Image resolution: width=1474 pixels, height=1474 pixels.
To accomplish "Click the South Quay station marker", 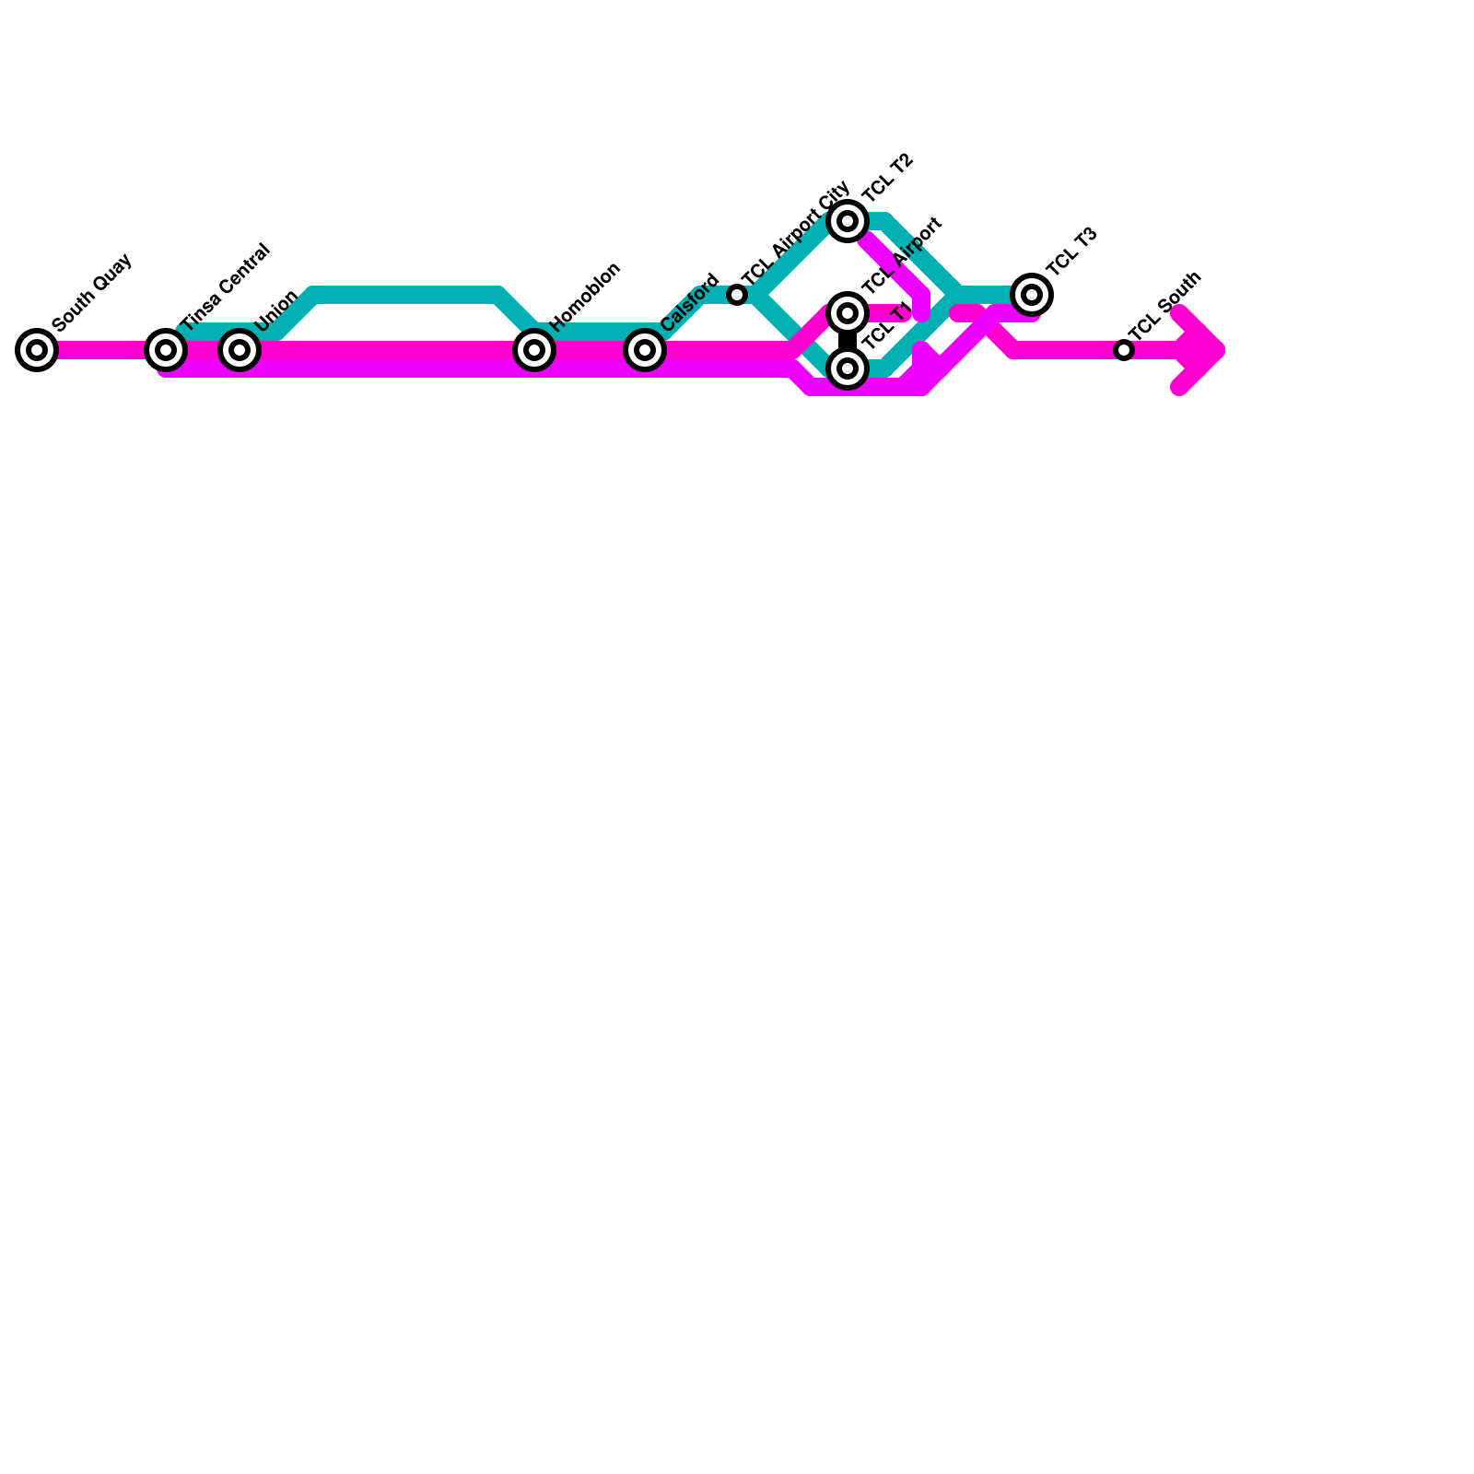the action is pyautogui.click(x=37, y=350).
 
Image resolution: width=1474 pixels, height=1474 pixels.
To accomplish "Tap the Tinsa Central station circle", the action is pyautogui.click(x=166, y=350).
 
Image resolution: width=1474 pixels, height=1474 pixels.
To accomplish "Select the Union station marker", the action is pyautogui.click(x=240, y=350).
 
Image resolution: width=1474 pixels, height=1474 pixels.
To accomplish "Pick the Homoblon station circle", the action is pyautogui.click(x=534, y=350).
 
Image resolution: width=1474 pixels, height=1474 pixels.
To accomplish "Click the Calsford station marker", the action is pyautogui.click(x=645, y=350).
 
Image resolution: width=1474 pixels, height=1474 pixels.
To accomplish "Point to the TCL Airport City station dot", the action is pyautogui.click(x=737, y=295).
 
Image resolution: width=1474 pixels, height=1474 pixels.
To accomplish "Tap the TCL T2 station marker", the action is pyautogui.click(x=848, y=221).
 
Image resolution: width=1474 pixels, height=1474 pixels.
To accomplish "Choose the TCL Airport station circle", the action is pyautogui.click(x=848, y=313).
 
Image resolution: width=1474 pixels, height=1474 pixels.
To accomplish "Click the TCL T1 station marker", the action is pyautogui.click(x=848, y=368).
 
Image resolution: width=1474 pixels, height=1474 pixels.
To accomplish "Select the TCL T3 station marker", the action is pyautogui.click(x=1032, y=295).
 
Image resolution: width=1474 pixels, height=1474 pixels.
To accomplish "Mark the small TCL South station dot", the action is pyautogui.click(x=1123, y=350).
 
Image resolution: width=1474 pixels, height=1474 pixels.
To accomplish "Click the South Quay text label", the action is pyautogui.click(x=93, y=291).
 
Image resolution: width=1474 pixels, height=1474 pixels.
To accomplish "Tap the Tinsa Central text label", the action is pyautogui.click(x=226, y=287).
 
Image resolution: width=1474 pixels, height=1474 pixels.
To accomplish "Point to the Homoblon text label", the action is pyautogui.click(x=585, y=296).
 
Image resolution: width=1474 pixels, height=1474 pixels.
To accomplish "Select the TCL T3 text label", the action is pyautogui.click(x=1071, y=251).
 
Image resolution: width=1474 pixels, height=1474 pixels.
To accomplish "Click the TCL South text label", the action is pyautogui.click(x=1164, y=306).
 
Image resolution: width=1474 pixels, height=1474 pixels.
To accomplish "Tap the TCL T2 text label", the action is pyautogui.click(x=888, y=177).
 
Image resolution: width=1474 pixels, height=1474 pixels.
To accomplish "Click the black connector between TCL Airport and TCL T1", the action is pyautogui.click(x=848, y=341).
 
